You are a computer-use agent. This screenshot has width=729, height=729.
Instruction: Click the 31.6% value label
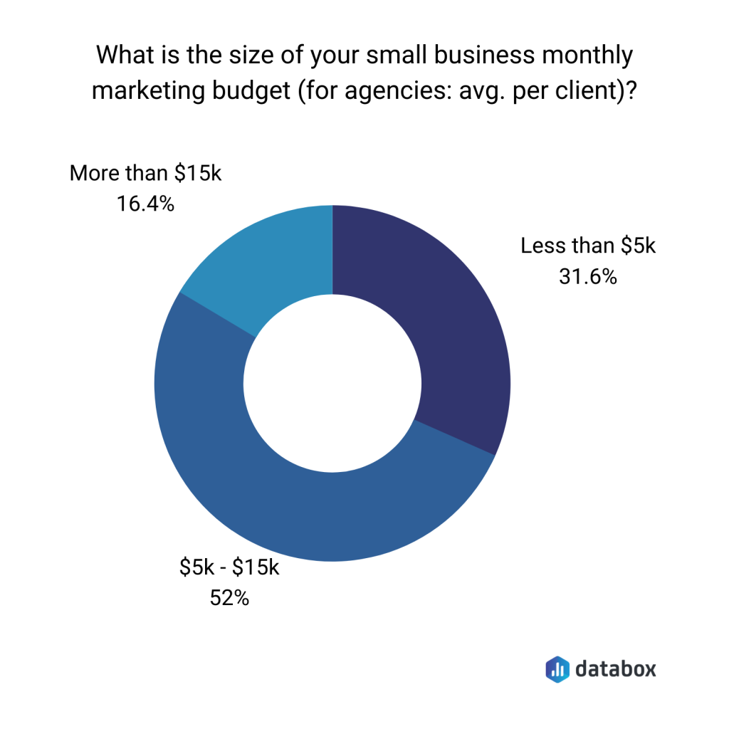pyautogui.click(x=588, y=277)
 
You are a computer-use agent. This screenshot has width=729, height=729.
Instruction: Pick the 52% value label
pyautogui.click(x=229, y=599)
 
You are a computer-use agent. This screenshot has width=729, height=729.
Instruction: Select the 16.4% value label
pyautogui.click(x=145, y=204)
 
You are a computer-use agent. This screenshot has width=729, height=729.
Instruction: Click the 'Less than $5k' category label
pyautogui.click(x=588, y=246)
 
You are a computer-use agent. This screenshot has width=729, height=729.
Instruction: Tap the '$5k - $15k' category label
pyautogui.click(x=229, y=568)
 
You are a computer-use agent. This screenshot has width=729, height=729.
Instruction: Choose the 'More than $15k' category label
pyautogui.click(x=145, y=174)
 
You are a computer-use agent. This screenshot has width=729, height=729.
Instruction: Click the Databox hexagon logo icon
pyautogui.click(x=557, y=668)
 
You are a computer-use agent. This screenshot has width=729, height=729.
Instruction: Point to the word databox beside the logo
pyautogui.click(x=615, y=668)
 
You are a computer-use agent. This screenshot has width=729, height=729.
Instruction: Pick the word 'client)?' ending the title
pyautogui.click(x=593, y=92)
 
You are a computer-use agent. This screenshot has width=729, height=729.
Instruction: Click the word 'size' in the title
pyautogui.click(x=246, y=55)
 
